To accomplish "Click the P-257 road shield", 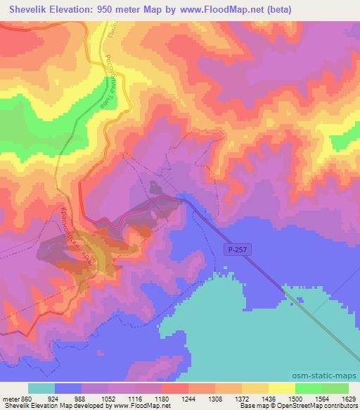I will (236, 250).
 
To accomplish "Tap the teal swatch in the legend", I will (41, 388).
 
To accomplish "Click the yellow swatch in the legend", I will (282, 388).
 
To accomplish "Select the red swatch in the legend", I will (175, 388).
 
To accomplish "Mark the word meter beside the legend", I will (11, 397).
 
